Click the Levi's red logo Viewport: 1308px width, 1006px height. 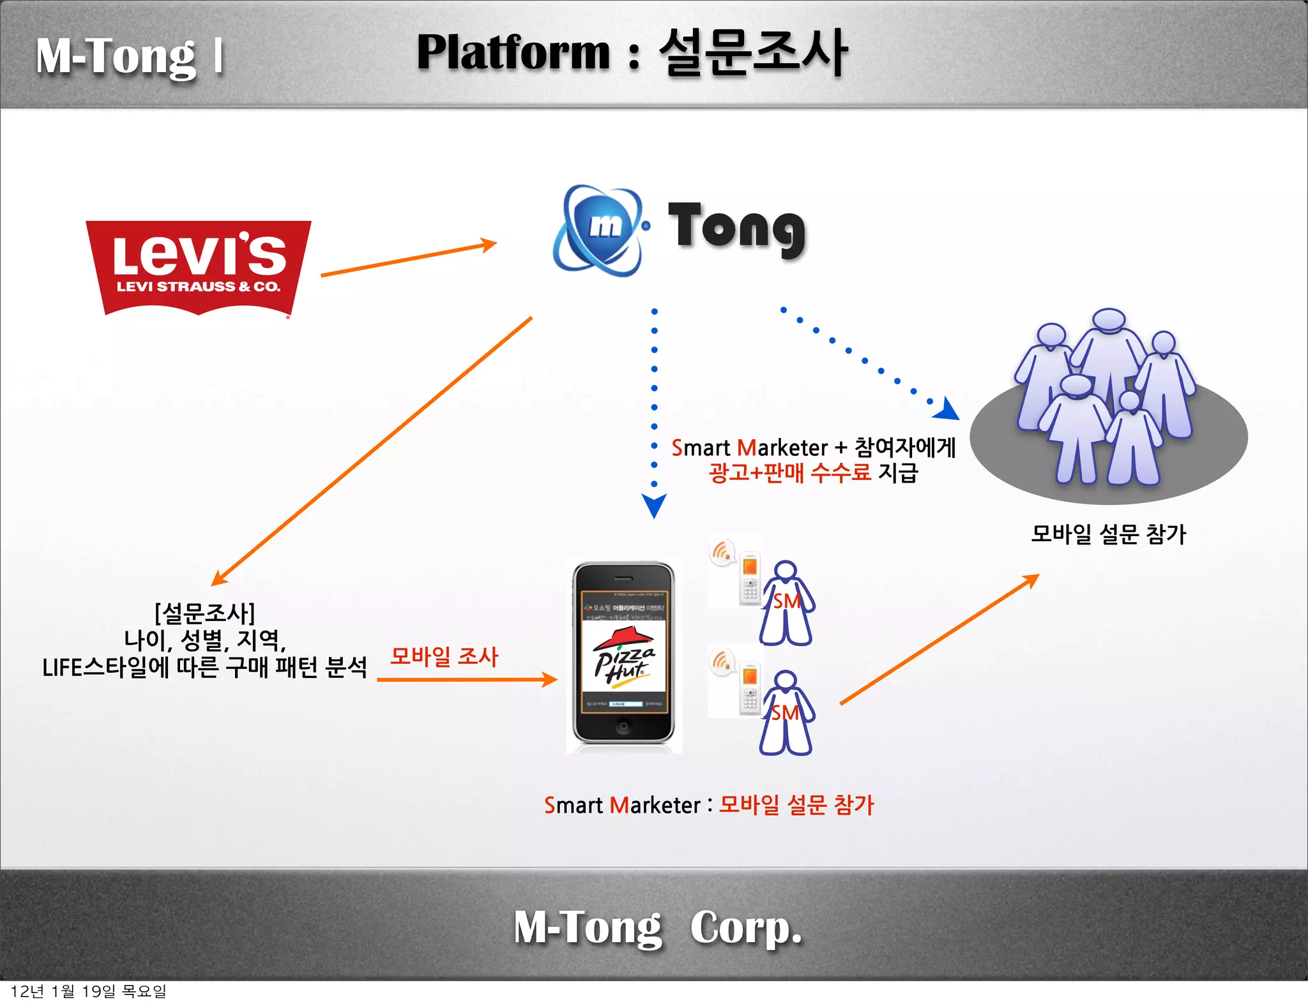tap(199, 267)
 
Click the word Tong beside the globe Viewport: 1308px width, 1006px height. tap(736, 229)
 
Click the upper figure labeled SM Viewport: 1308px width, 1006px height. tap(786, 603)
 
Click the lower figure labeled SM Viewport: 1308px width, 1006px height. tap(786, 713)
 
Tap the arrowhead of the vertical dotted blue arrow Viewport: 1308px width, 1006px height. tap(654, 506)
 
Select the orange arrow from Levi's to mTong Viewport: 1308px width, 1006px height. tap(409, 259)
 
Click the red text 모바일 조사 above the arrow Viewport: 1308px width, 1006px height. tap(444, 656)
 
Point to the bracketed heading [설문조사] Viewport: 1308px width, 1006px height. tap(204, 613)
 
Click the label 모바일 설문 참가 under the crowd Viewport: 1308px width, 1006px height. tap(1108, 534)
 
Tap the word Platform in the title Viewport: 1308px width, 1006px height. tap(513, 52)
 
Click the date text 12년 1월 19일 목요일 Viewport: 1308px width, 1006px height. tap(89, 991)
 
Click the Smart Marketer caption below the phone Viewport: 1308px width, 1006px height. tap(623, 805)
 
